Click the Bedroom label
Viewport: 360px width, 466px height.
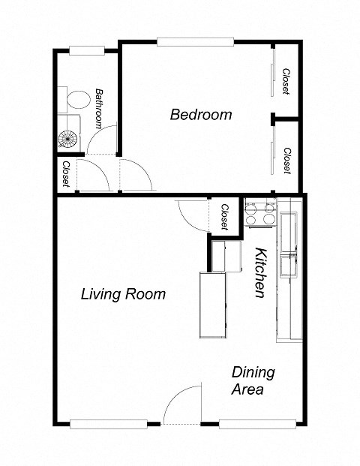pyautogui.click(x=200, y=115)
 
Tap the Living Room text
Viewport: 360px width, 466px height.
pyautogui.click(x=123, y=294)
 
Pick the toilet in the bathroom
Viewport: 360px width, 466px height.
pyautogui.click(x=75, y=99)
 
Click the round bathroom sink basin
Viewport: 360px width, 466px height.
pyautogui.click(x=68, y=139)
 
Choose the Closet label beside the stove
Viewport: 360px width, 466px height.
pyautogui.click(x=224, y=217)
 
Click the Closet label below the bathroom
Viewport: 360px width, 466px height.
pyautogui.click(x=67, y=174)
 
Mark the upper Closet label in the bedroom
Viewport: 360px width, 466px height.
pyautogui.click(x=286, y=82)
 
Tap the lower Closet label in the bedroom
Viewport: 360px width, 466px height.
pyautogui.click(x=286, y=160)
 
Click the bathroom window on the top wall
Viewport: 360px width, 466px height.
pyautogui.click(x=86, y=51)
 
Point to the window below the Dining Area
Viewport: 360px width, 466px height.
pyautogui.click(x=252, y=423)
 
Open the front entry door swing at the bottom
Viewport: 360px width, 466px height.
pyautogui.click(x=184, y=405)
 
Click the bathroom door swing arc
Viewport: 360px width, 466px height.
pyautogui.click(x=105, y=139)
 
